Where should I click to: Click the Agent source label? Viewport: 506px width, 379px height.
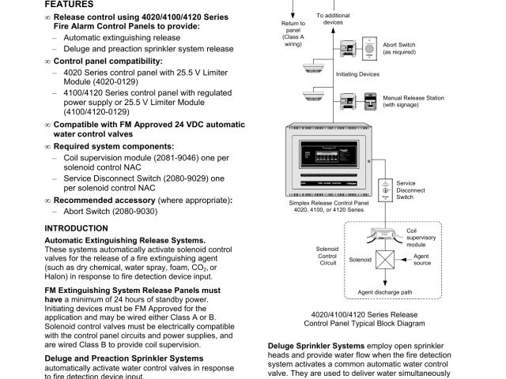point(421,260)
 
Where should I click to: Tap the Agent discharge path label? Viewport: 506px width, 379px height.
point(385,292)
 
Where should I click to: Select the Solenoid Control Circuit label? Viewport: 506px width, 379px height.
point(327,256)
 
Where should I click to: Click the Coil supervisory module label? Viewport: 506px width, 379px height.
point(421,237)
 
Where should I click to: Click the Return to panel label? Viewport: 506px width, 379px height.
point(293,34)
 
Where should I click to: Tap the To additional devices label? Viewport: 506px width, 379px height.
point(334,18)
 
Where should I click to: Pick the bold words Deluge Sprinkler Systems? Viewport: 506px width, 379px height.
point(316,346)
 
